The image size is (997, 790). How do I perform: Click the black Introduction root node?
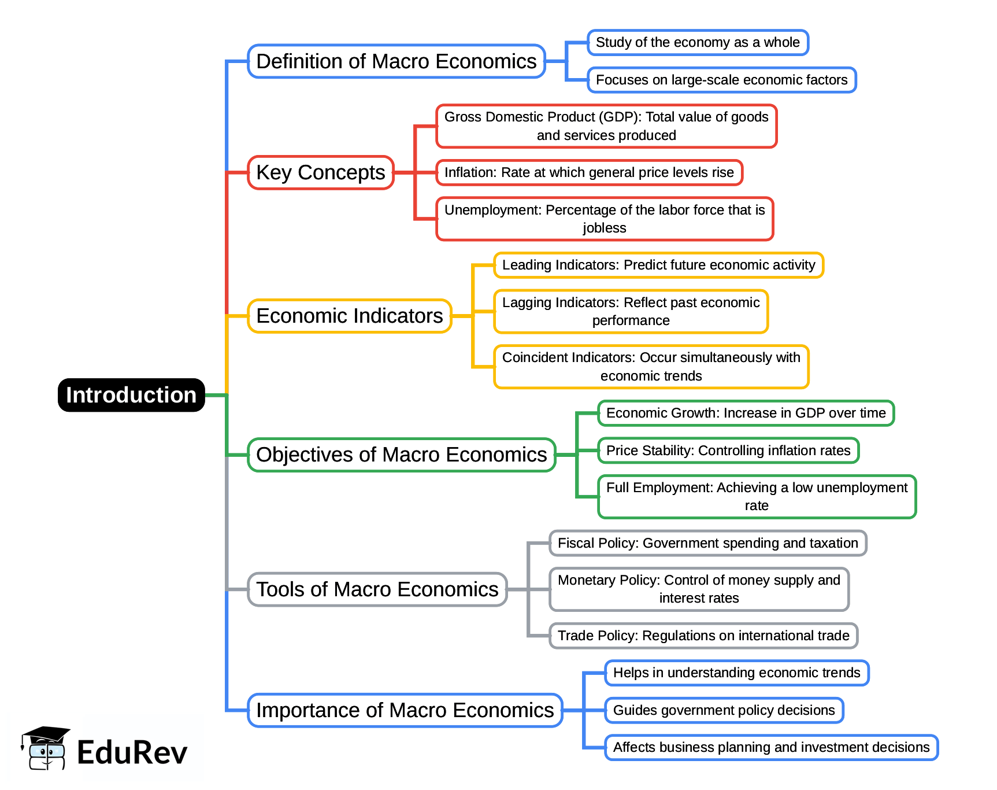tap(131, 395)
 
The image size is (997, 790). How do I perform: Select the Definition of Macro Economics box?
tap(396, 61)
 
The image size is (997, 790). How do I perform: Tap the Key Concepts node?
tap(321, 172)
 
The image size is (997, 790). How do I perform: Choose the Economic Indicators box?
tap(349, 316)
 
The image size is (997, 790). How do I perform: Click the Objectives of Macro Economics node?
tap(401, 455)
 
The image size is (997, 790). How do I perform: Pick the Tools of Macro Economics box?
tap(377, 589)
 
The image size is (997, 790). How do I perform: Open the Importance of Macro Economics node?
tap(405, 710)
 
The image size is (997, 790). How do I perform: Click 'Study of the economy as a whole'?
tap(698, 43)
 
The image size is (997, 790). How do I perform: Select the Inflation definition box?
tap(589, 172)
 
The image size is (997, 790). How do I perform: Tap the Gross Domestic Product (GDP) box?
tap(606, 126)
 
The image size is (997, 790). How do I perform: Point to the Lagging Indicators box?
tap(631, 311)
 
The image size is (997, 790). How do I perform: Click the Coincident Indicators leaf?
tap(651, 367)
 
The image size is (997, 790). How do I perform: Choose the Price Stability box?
tap(728, 451)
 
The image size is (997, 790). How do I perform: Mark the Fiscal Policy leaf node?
tap(707, 543)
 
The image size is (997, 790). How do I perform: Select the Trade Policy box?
tap(703, 636)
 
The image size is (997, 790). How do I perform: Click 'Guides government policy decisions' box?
tap(724, 710)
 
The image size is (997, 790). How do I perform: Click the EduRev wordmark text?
tap(132, 753)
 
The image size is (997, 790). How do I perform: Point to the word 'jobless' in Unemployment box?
tap(605, 228)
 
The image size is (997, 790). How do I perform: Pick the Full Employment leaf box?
tap(757, 496)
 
